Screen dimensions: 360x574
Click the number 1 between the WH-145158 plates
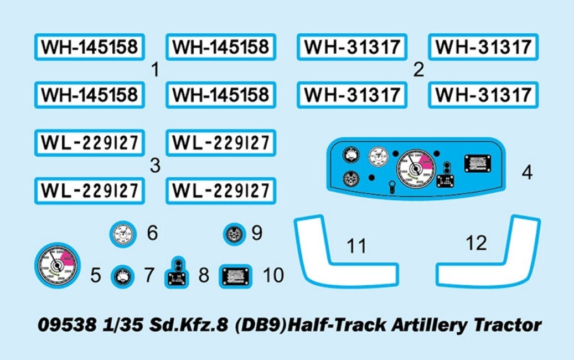(x=155, y=70)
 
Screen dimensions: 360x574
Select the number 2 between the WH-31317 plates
(x=418, y=70)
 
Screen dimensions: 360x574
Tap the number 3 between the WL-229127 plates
(x=155, y=166)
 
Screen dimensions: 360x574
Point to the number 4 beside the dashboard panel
(x=527, y=173)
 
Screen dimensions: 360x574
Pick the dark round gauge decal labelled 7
(x=122, y=275)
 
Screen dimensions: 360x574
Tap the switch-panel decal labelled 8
(x=177, y=274)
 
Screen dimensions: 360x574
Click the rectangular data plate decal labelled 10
(x=236, y=275)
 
